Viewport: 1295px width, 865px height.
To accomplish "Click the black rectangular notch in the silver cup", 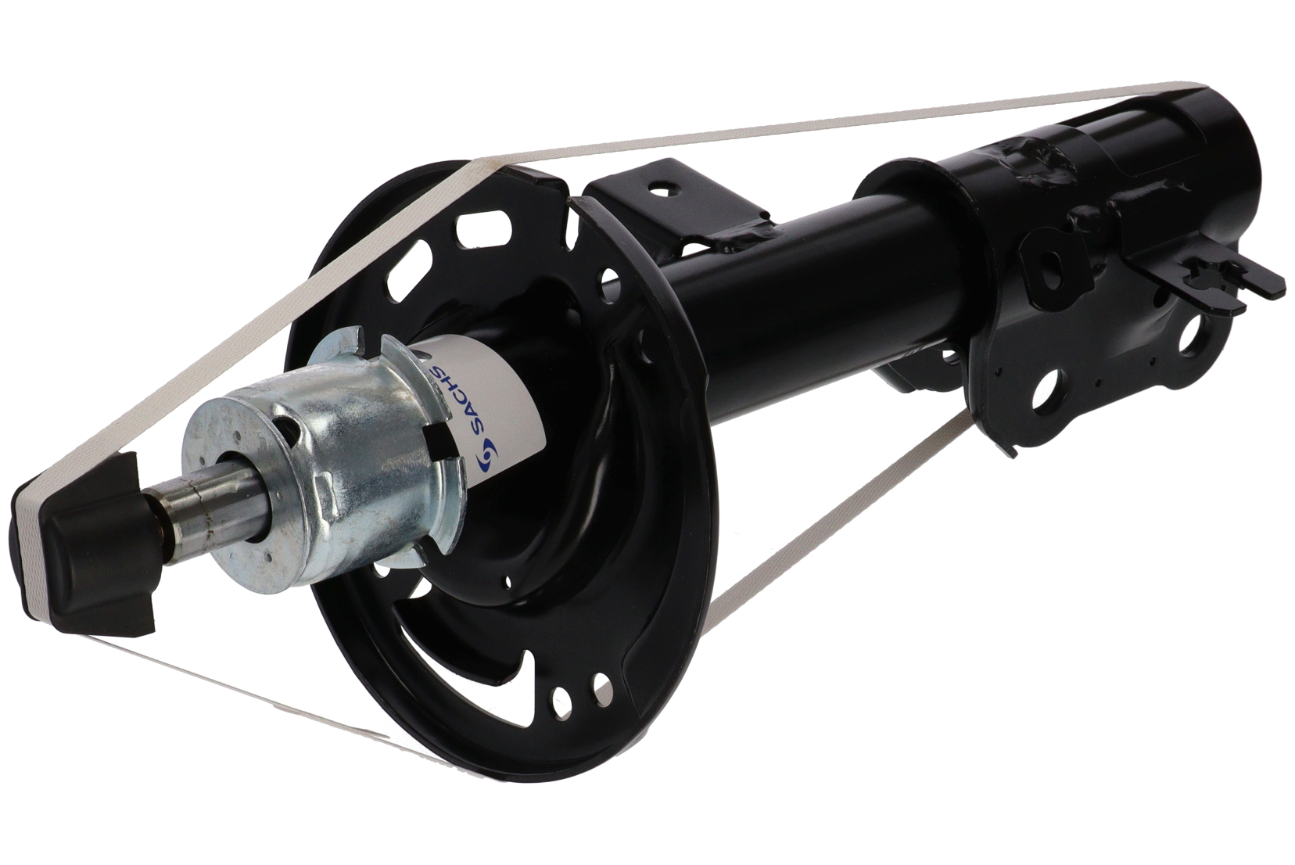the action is [440, 440].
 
